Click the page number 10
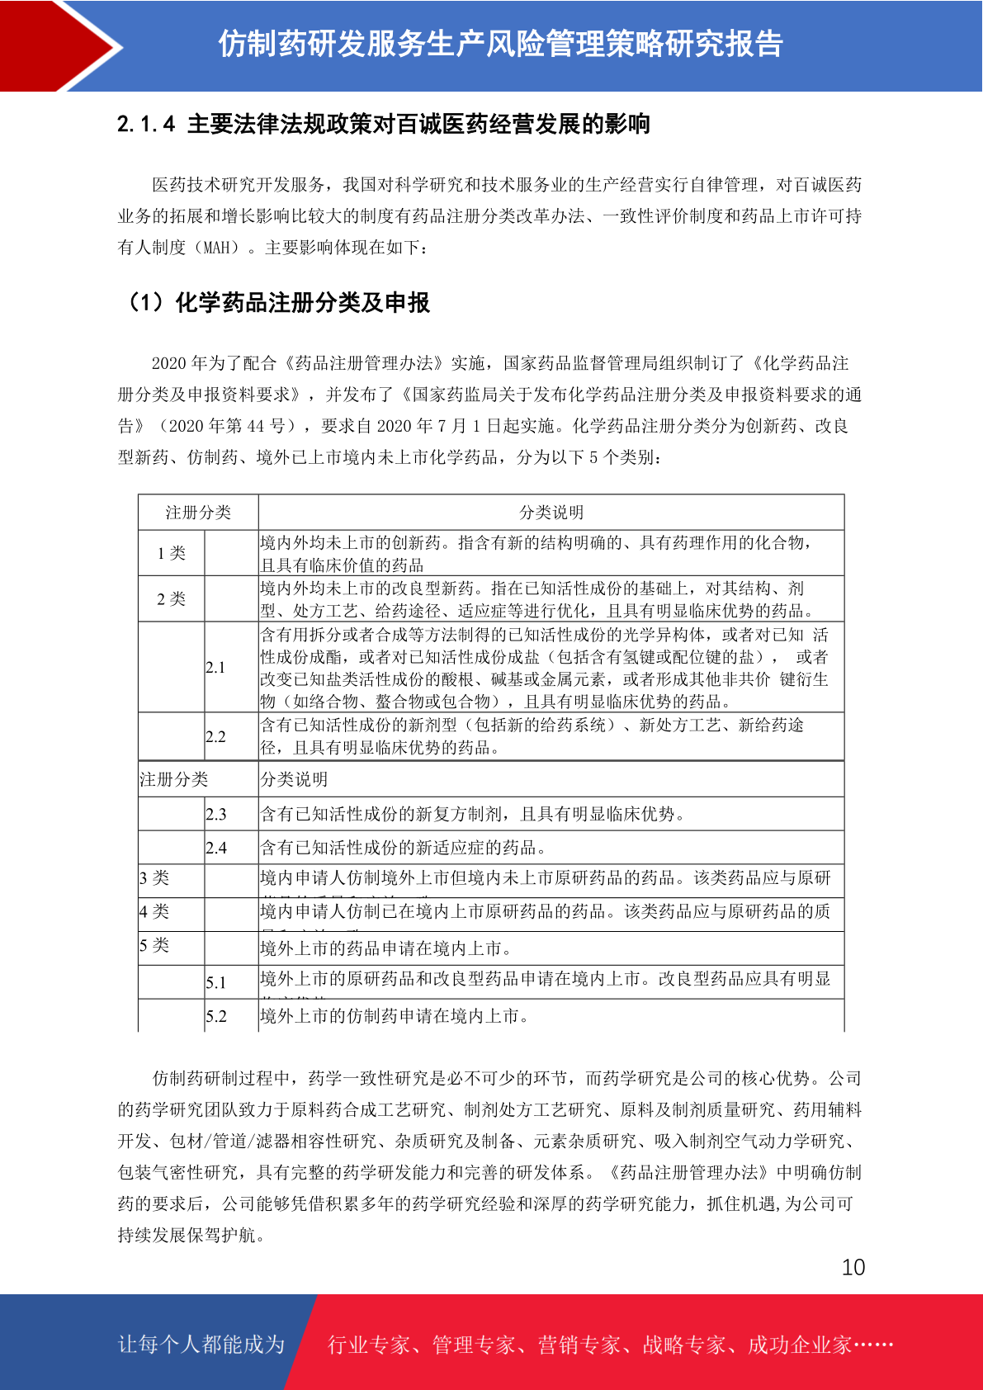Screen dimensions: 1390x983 pyautogui.click(x=853, y=1267)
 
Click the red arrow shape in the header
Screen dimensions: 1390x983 pyautogui.click(x=58, y=45)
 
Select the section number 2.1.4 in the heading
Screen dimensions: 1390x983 pyautogui.click(x=146, y=124)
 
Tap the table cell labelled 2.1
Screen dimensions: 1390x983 pyautogui.click(x=215, y=667)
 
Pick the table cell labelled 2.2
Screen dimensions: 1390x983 pyautogui.click(x=215, y=736)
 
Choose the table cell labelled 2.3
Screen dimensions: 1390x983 pyautogui.click(x=216, y=814)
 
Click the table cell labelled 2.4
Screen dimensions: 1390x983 pyautogui.click(x=216, y=848)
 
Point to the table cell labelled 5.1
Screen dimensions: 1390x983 pyautogui.click(x=216, y=982)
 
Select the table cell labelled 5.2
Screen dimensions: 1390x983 pyautogui.click(x=216, y=1016)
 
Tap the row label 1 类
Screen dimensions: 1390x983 pyautogui.click(x=172, y=553)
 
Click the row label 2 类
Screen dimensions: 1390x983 pyautogui.click(x=172, y=598)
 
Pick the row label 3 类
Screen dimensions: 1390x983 pyautogui.click(x=154, y=877)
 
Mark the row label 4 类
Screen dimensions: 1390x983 pyautogui.click(x=154, y=911)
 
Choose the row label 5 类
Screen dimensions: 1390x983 pyautogui.click(x=154, y=945)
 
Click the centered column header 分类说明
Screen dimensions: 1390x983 pyautogui.click(x=551, y=513)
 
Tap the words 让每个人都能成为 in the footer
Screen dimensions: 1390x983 pyautogui.click(x=201, y=1345)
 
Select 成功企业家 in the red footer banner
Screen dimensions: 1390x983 pyautogui.click(x=799, y=1345)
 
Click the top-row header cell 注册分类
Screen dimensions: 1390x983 pyautogui.click(x=198, y=513)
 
